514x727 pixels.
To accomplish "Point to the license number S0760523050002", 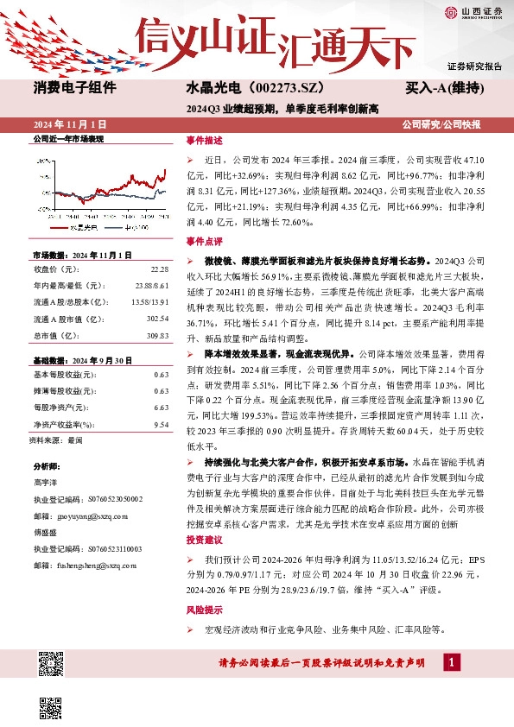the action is [x=99, y=499].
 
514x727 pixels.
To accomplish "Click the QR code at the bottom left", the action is [x=51, y=663].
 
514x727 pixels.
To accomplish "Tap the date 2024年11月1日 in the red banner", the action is [x=69, y=125].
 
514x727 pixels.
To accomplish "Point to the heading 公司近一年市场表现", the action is [x=68, y=139].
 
